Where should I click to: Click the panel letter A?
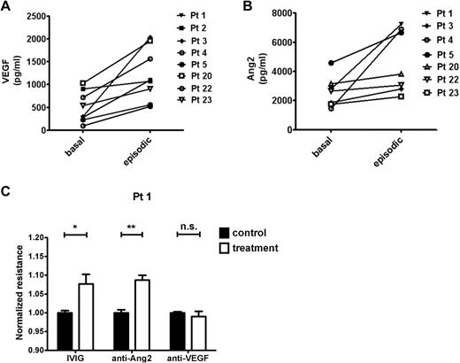[6, 8]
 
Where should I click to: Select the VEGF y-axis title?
[12, 71]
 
